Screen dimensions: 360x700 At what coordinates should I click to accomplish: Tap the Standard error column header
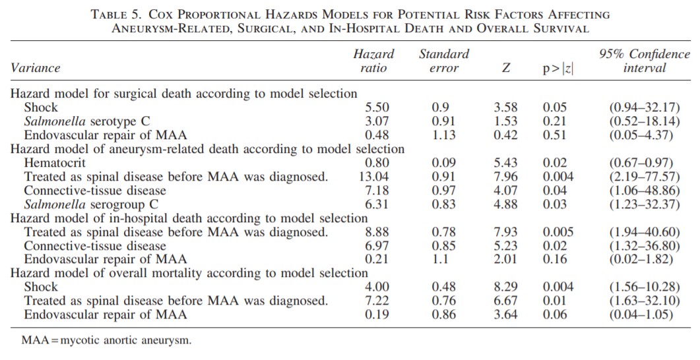444,61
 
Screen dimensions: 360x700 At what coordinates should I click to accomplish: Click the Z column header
505,68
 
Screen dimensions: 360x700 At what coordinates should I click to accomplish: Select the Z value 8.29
505,287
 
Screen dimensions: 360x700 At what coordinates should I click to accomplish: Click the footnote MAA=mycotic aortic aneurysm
106,341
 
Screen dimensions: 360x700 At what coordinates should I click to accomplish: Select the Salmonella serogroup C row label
91,204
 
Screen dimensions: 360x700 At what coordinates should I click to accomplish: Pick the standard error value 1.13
444,135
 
